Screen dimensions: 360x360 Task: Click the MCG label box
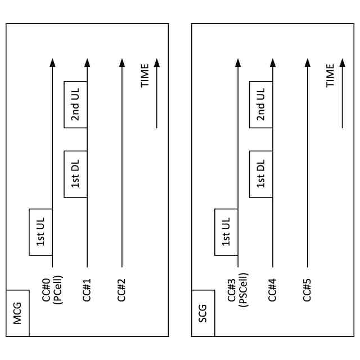[17, 313]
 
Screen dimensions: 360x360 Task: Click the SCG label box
[203, 313]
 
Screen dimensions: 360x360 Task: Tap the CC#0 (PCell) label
[52, 289]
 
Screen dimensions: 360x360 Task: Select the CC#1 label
[87, 289]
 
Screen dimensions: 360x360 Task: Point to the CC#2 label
[121, 289]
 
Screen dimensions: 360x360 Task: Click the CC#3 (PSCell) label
[237, 289]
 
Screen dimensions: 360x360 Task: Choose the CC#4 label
[272, 289]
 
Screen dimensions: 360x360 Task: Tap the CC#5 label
[307, 289]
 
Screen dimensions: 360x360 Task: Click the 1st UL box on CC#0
[40, 232]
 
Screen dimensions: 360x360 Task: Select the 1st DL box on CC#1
[75, 174]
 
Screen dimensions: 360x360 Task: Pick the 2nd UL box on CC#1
[75, 105]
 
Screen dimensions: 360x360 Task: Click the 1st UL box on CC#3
[226, 232]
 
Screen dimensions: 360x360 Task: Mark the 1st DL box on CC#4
[261, 174]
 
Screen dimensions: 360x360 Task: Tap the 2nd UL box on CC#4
[261, 105]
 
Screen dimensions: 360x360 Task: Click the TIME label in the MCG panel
[145, 75]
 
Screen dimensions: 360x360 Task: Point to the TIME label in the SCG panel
[331, 75]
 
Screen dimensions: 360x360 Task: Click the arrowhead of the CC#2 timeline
[121, 62]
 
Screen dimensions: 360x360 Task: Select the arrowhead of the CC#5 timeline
[307, 62]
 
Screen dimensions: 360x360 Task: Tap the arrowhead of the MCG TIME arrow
[156, 62]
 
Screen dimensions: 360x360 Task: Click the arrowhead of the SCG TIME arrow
[342, 62]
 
